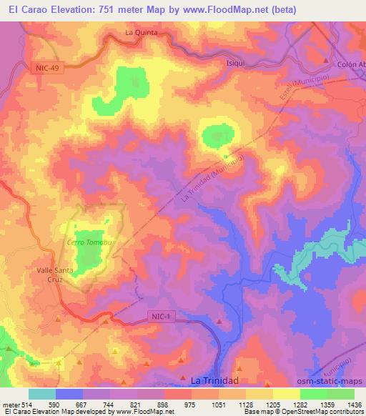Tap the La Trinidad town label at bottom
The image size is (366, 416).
[214, 380]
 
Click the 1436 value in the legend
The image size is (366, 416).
[354, 405]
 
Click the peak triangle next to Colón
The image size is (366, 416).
[326, 60]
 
